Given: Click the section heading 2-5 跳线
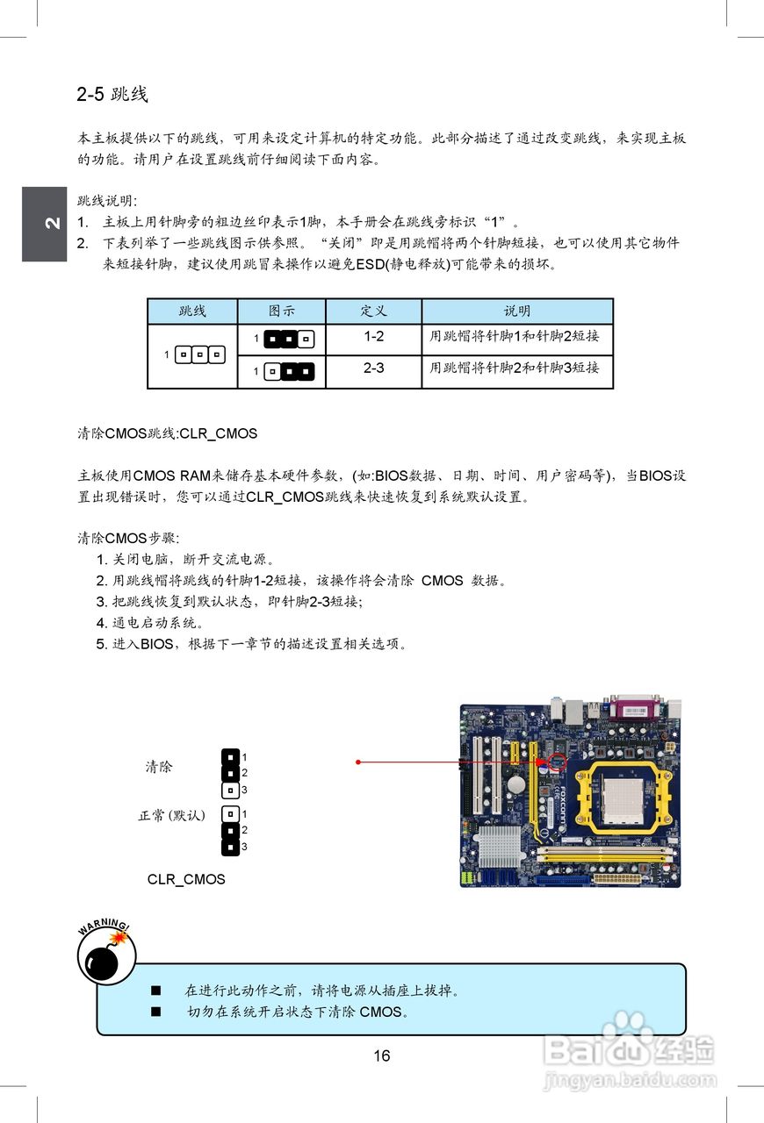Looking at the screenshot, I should (x=112, y=94).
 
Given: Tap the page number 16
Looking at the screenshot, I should (x=382, y=1055).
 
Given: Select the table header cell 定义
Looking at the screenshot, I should (x=373, y=311).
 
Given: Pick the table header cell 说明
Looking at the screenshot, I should (x=516, y=311).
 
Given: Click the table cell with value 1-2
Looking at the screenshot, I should (x=373, y=337).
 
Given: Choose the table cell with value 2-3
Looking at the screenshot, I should (x=373, y=368).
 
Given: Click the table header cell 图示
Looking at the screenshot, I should (x=281, y=311).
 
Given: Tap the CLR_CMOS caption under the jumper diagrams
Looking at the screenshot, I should (x=186, y=879).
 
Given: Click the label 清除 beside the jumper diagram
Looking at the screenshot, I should (x=159, y=767).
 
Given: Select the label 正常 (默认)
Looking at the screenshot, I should (x=171, y=815).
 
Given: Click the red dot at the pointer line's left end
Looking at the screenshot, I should (x=358, y=762).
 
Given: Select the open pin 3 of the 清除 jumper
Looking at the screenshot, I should (x=230, y=790).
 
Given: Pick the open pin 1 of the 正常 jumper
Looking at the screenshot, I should (x=230, y=814).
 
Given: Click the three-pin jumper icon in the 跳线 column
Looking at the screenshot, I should (x=199, y=355).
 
